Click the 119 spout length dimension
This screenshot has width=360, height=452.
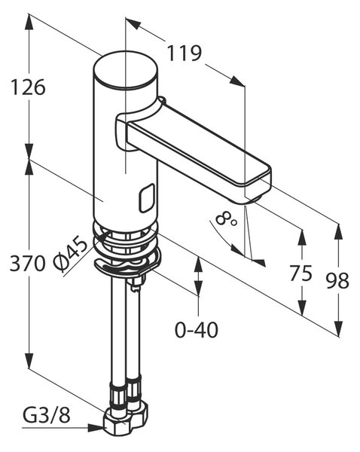pyautogui.click(x=185, y=53)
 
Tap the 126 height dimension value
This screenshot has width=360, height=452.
pyautogui.click(x=28, y=87)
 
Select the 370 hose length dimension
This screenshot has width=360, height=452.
pyautogui.click(x=27, y=264)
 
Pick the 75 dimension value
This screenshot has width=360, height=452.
pyautogui.click(x=301, y=273)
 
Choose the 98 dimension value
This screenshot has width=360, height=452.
pyautogui.click(x=337, y=280)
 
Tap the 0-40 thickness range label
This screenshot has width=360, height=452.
pyautogui.click(x=197, y=330)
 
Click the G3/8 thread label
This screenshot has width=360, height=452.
pyautogui.click(x=47, y=416)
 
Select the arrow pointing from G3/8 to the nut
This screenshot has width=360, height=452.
pyautogui.click(x=63, y=428)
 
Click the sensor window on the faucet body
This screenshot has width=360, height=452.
pyautogui.click(x=146, y=198)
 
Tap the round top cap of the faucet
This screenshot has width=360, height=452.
pyautogui.click(x=126, y=69)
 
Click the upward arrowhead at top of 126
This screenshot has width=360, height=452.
pyautogui.click(x=29, y=21)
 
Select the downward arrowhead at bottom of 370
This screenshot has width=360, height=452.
pyautogui.click(x=29, y=360)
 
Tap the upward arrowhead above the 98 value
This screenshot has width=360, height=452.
pyautogui.click(x=338, y=232)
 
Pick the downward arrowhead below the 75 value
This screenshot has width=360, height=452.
pyautogui.click(x=302, y=307)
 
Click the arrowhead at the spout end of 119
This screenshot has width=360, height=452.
pyautogui.click(x=237, y=81)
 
